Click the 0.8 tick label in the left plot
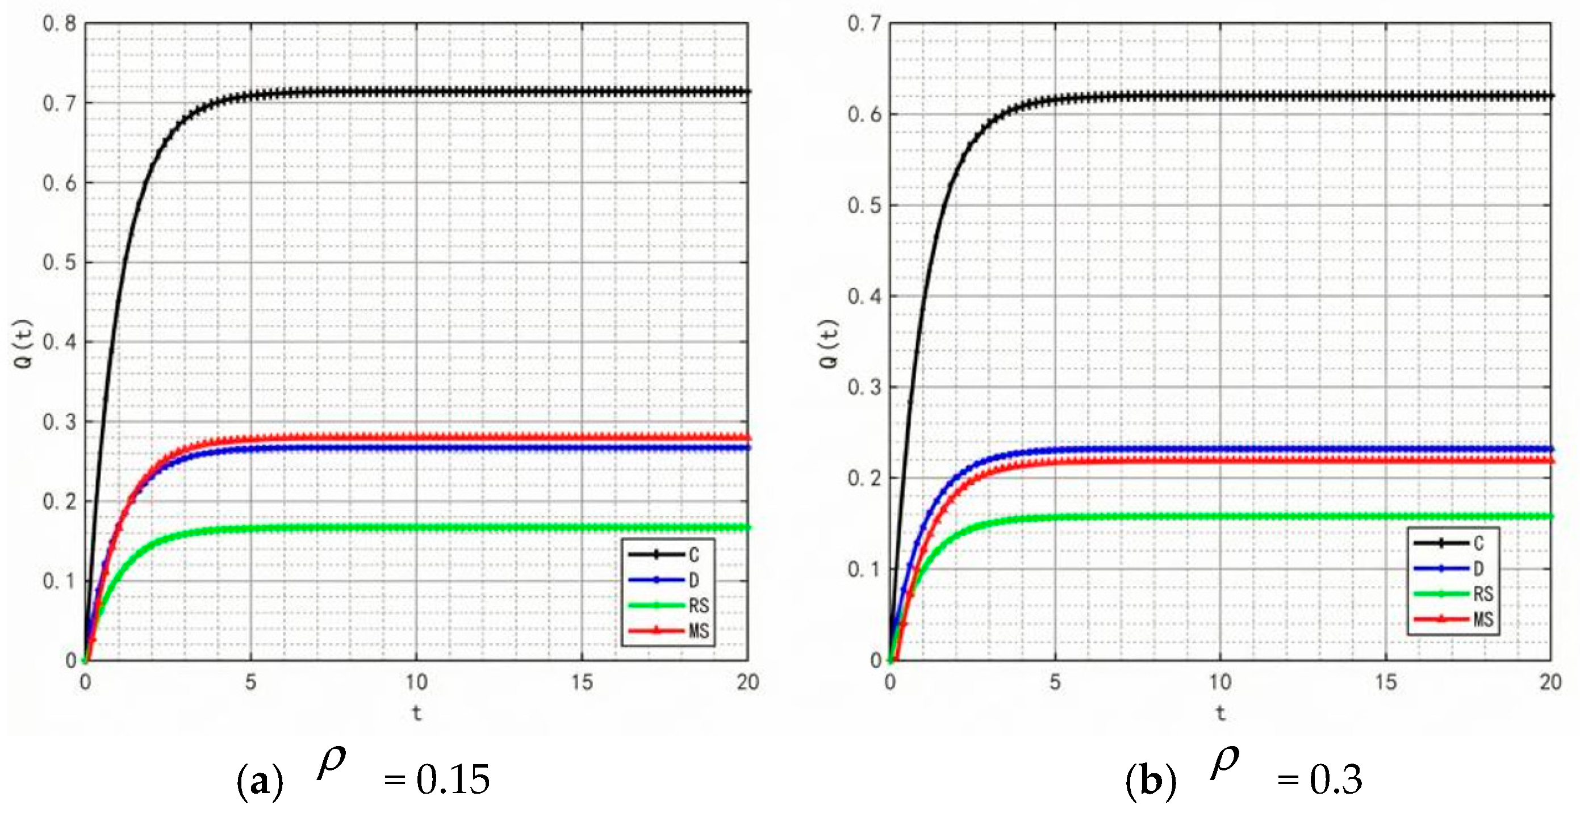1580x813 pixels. point(59,24)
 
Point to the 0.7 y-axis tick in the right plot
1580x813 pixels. point(864,24)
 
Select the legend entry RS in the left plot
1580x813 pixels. point(698,606)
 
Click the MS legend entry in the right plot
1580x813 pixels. point(1483,619)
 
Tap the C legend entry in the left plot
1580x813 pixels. point(693,555)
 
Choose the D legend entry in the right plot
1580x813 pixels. point(1478,569)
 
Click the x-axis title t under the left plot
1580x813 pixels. point(416,713)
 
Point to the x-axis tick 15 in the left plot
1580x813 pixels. point(582,682)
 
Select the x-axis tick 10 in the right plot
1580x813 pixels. point(1220,682)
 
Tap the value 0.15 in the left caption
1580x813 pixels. point(453,780)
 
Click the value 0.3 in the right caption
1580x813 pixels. point(1335,780)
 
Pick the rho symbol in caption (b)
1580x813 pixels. point(1224,764)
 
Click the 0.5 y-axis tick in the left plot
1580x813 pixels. point(59,262)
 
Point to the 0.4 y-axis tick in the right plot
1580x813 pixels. point(864,296)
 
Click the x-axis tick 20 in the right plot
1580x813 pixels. point(1550,682)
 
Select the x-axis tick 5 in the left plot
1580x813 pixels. point(250,682)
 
